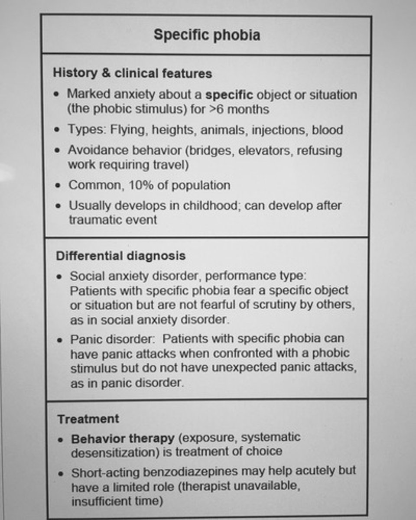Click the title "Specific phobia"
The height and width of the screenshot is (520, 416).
pyautogui.click(x=207, y=35)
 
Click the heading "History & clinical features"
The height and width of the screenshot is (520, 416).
pyautogui.click(x=132, y=73)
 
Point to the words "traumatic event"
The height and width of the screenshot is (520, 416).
pyautogui.click(x=113, y=219)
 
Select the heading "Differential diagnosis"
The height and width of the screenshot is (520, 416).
pyautogui.click(x=120, y=256)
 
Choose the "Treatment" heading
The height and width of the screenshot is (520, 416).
pyautogui.click(x=88, y=419)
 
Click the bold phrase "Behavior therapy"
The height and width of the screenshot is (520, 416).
pyautogui.click(x=123, y=438)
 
